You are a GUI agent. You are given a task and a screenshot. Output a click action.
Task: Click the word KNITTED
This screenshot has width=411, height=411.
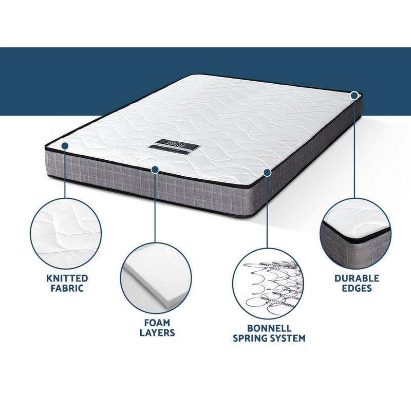[67, 278]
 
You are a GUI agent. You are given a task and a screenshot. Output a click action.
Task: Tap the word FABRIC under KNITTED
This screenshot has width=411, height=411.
[67, 288]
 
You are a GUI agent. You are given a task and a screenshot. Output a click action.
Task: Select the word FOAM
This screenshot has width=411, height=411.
[157, 322]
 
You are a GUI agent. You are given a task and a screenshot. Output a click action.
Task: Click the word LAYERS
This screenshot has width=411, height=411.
[157, 332]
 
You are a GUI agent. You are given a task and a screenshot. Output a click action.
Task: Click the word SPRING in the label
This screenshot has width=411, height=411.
[252, 338]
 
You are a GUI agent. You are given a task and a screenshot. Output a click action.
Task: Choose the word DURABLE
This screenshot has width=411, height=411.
[357, 278]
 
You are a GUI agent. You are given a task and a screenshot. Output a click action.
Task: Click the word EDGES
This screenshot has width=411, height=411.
[357, 288]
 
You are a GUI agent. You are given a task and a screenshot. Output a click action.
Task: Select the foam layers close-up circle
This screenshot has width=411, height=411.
[156, 278]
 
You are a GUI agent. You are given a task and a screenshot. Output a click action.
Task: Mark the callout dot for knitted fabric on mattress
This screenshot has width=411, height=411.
[65, 146]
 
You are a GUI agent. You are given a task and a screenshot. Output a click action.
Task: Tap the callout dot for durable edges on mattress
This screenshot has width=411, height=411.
[354, 95]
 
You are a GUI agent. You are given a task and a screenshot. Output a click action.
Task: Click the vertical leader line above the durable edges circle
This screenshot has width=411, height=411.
[354, 149]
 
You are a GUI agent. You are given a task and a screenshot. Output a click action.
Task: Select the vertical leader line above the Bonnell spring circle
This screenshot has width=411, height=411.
[267, 211]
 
